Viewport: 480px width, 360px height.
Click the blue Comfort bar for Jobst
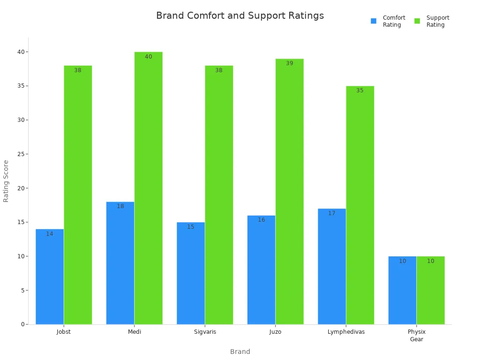coord(50,277)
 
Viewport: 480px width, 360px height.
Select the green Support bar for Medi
coord(149,187)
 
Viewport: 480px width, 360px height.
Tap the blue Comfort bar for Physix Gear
coord(402,291)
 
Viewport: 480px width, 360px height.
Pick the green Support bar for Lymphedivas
coord(360,206)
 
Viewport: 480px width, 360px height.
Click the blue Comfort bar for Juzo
coord(261,270)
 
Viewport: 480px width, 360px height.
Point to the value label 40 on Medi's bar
coord(149,57)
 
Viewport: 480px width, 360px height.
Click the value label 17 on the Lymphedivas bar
coord(332,213)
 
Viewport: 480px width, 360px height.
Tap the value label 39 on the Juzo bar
coord(290,63)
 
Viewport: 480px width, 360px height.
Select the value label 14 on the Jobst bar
coord(50,234)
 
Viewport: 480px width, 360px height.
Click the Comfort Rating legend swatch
coord(374,21)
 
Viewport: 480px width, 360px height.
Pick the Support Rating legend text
coord(438,21)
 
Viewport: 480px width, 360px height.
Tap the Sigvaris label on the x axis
coord(205,332)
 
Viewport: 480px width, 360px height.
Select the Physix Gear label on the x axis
coord(416,335)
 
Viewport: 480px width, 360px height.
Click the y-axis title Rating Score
coord(6,181)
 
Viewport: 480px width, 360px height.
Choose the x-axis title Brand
coord(240,352)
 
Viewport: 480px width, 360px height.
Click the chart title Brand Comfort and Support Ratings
coord(240,16)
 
